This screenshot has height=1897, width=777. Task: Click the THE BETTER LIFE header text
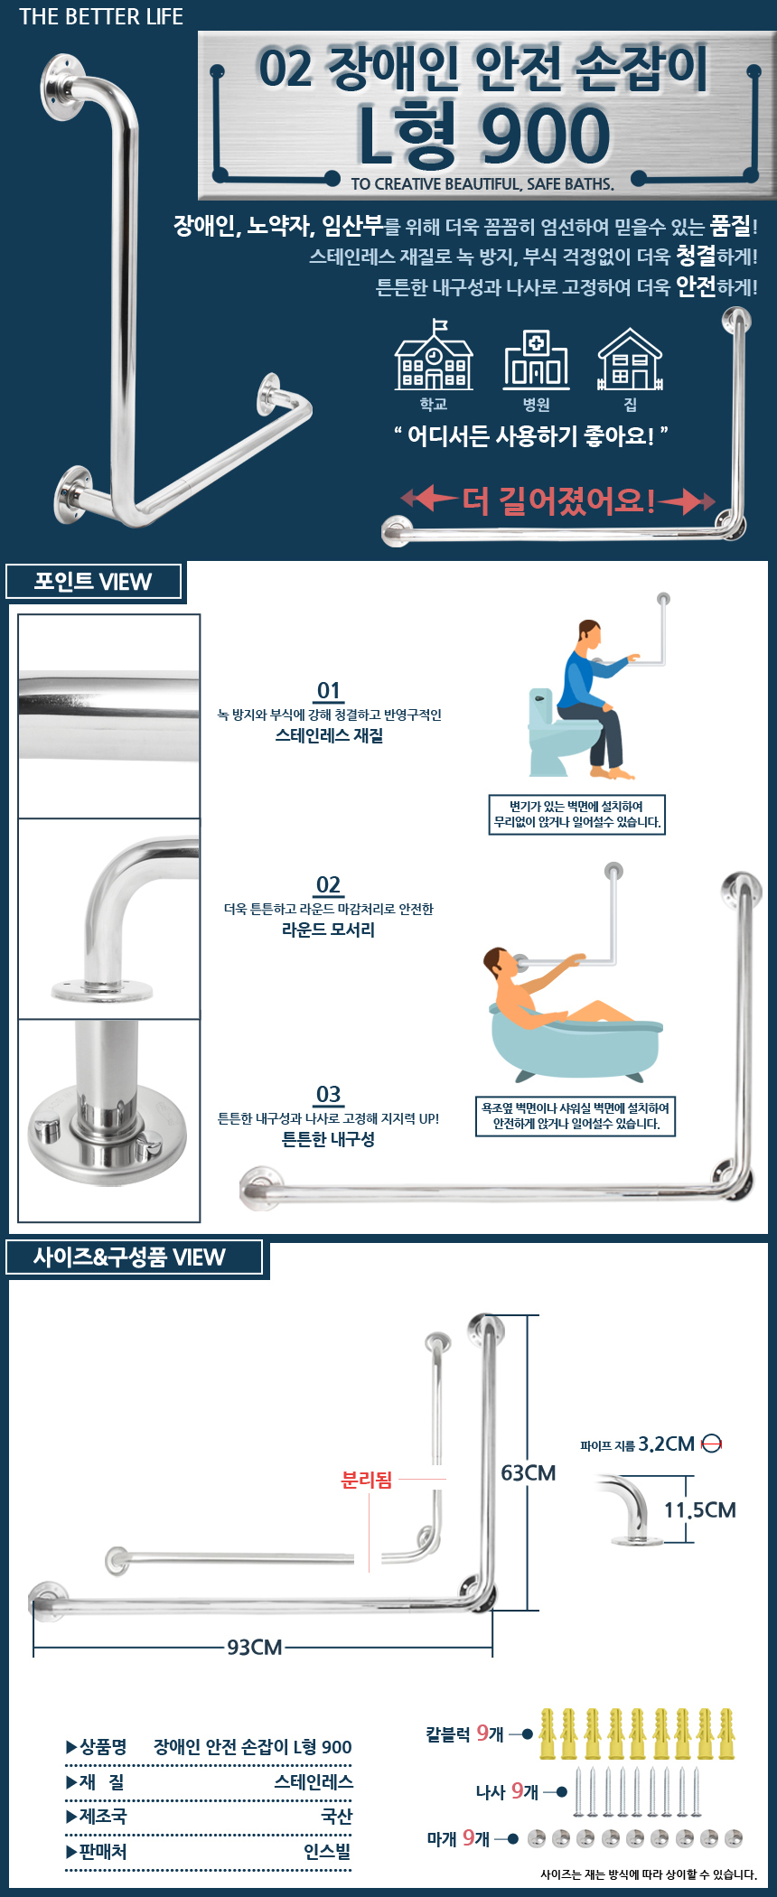tap(101, 16)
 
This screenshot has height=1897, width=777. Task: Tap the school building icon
tap(434, 355)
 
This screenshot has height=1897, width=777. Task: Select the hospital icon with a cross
tap(537, 359)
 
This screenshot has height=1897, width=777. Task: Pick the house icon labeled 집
tap(630, 359)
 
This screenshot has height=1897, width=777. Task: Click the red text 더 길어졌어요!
tap(558, 500)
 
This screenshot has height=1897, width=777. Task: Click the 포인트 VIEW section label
tap(93, 581)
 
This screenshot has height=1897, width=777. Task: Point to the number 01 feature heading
tap(329, 691)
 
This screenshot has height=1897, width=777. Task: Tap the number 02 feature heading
tap(329, 885)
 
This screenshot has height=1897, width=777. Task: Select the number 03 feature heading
tap(329, 1095)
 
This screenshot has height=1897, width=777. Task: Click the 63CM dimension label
tap(529, 1473)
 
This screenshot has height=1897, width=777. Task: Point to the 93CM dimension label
tap(255, 1648)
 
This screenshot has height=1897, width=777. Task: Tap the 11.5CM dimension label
tap(700, 1510)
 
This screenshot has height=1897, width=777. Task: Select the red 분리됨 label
tap(366, 1480)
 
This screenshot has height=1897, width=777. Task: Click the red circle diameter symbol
tap(712, 1444)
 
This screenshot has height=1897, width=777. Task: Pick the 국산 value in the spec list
tap(337, 1817)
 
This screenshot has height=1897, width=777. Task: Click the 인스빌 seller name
tap(327, 1852)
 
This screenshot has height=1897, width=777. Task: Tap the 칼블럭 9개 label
tap(464, 1733)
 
